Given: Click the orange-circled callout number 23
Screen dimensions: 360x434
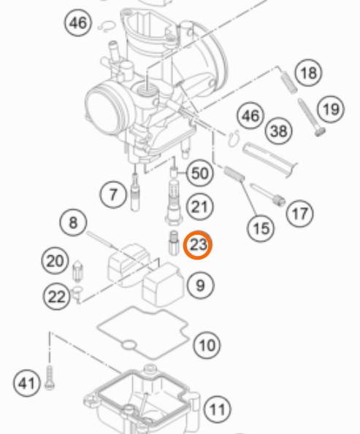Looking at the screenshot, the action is point(198,245).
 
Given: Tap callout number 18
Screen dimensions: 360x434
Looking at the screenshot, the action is point(308,73).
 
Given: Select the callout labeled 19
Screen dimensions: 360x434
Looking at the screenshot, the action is point(331,109).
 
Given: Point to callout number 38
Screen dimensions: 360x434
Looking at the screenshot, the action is point(279,131).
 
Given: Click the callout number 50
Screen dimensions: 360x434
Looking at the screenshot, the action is point(200,174).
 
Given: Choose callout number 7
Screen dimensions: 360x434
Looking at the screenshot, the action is point(113,195).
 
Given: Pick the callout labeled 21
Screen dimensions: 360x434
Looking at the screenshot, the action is point(200,206).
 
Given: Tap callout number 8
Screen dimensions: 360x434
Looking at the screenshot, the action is point(73,222).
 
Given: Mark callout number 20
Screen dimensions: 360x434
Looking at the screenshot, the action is point(55,260).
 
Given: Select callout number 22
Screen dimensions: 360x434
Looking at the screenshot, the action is point(56,297).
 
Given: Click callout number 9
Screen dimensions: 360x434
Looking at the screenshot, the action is point(201,285).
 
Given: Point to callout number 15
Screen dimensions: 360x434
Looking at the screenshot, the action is point(261,228).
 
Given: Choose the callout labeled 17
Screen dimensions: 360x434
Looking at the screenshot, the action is point(300,214).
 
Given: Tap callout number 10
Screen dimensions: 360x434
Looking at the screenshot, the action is point(207,346).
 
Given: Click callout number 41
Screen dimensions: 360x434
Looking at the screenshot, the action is point(27,384).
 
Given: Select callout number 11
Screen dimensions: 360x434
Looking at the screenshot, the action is point(218,409).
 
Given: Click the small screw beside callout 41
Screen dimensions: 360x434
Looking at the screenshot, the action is point(50,378).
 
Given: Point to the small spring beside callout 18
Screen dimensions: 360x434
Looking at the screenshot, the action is point(289,82).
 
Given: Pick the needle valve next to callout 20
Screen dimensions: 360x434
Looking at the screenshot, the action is point(78,271).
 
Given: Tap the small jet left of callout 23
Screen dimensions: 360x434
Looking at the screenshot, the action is point(174,243).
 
